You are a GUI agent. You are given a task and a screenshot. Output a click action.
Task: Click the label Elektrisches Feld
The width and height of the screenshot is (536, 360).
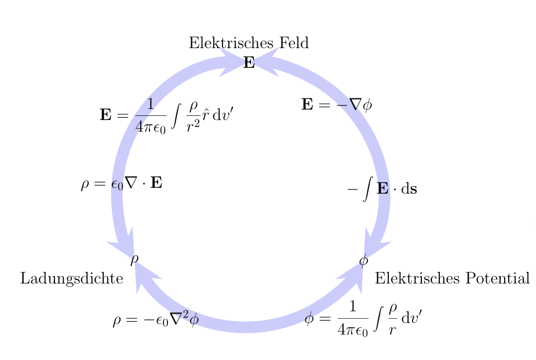click(249, 43)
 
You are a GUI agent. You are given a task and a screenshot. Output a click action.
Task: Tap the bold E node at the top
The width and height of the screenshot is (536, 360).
click(249, 63)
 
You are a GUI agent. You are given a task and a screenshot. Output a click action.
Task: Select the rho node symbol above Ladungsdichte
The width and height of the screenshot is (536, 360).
click(134, 259)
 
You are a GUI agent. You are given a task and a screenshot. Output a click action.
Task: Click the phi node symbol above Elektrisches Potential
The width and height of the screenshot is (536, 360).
click(363, 260)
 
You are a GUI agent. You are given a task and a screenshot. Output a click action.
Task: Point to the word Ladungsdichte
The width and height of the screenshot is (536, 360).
click(72, 279)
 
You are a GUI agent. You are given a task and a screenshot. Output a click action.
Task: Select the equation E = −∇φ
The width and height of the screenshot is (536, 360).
click(337, 105)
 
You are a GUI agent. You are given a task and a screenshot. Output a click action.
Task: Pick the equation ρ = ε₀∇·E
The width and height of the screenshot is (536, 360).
click(122, 184)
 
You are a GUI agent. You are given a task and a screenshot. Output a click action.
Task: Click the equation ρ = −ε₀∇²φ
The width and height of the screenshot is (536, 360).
click(156, 320)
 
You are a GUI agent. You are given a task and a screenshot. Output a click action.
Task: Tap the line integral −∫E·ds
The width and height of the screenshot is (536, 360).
click(382, 189)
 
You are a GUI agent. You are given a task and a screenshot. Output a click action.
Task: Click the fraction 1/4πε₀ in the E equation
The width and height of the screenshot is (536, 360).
click(150, 115)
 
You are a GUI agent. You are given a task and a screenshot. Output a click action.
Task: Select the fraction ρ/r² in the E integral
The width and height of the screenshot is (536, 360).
click(193, 115)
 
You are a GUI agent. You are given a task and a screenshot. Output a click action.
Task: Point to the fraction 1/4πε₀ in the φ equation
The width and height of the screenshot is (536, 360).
click(352, 318)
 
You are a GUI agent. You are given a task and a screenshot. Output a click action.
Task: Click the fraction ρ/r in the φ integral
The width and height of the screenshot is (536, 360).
click(392, 318)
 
